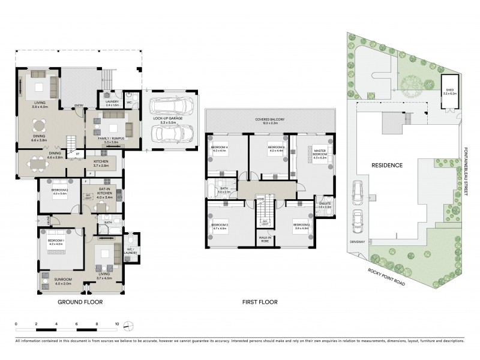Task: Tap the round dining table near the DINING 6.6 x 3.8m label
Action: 40,125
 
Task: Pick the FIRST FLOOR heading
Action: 259,302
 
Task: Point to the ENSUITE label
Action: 325,203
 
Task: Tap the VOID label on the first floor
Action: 260,199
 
